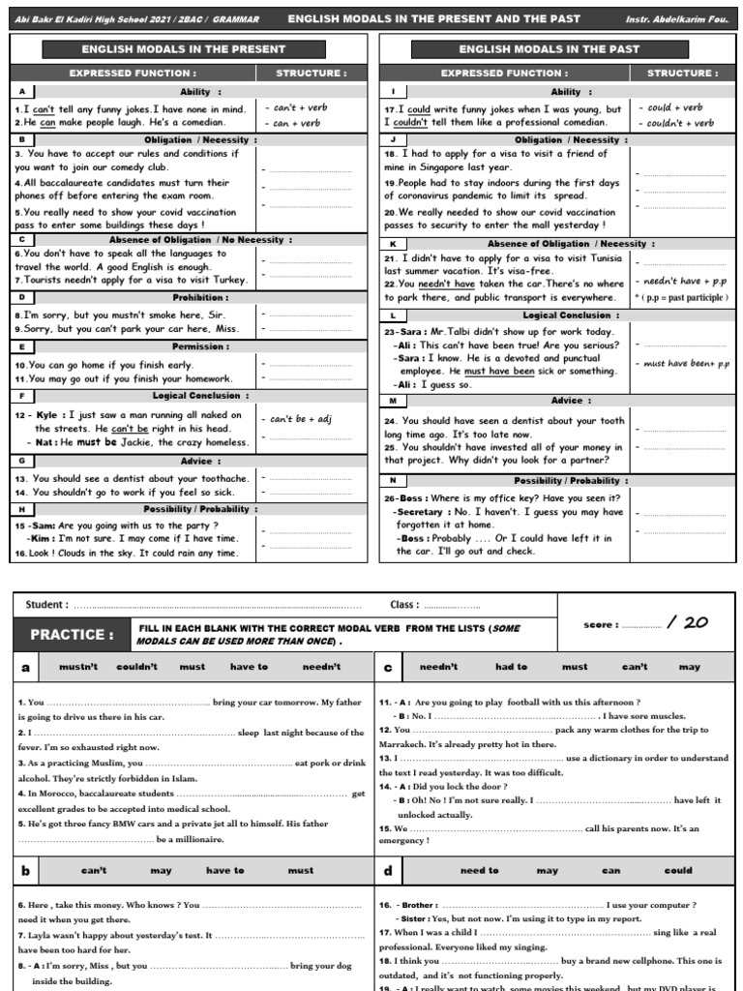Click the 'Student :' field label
click(46, 605)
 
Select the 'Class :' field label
click(404, 605)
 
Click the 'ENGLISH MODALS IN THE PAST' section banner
click(549, 48)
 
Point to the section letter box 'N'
click(392, 480)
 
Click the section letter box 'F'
click(21, 396)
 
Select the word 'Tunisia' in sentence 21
click(601, 258)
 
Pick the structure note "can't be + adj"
click(301, 419)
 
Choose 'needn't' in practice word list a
click(321, 667)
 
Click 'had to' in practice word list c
click(511, 667)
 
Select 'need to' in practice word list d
click(479, 870)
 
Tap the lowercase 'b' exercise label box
click(26, 870)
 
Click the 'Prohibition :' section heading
click(201, 297)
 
